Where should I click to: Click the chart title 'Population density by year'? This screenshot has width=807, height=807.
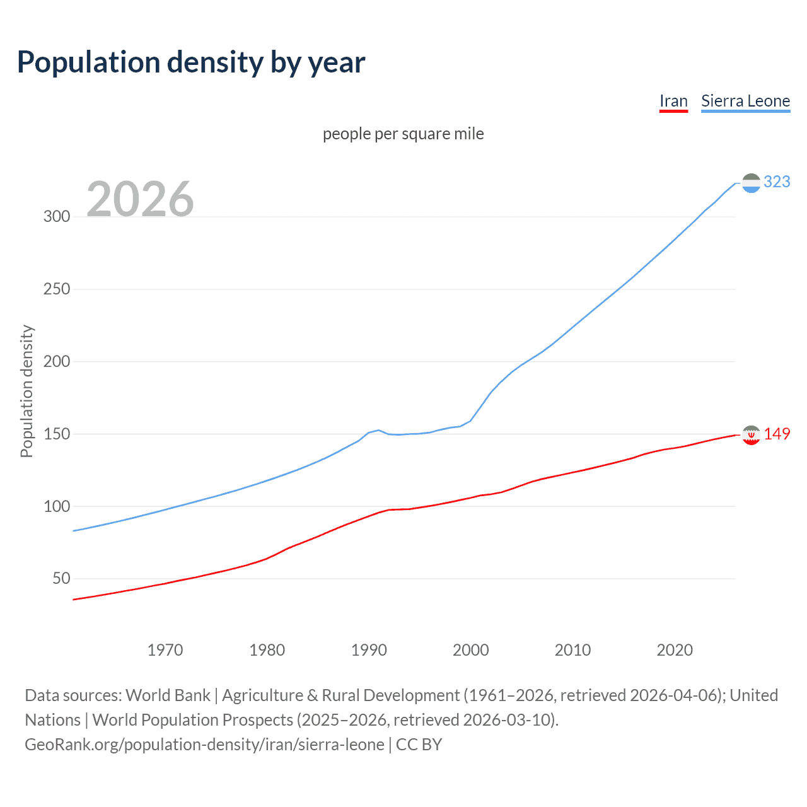pos(191,62)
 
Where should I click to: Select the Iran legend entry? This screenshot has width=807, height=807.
pos(673,101)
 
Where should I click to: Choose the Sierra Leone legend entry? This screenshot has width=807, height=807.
pos(745,101)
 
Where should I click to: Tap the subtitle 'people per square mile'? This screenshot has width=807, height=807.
pos(403,134)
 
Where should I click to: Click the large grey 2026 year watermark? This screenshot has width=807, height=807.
pos(140,199)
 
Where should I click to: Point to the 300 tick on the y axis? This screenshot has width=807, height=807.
pos(56,216)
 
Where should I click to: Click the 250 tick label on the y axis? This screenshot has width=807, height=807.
pos(56,289)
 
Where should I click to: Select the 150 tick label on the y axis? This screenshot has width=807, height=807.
pos(56,434)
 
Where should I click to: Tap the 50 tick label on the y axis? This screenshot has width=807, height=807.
pos(61,578)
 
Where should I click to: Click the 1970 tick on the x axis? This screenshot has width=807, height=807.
pos(165,650)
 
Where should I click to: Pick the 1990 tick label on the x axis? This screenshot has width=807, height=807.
pos(369,650)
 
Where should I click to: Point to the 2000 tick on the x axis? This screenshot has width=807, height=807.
pos(471,650)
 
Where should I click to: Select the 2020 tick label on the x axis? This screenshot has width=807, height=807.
pos(675,650)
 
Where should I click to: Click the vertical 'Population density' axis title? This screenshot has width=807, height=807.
pos(26,391)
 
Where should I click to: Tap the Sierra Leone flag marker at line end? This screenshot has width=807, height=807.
pos(751,183)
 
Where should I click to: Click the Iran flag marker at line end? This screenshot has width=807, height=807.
pos(751,434)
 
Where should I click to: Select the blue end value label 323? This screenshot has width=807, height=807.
pos(777,182)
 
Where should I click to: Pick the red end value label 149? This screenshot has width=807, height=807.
pos(777,434)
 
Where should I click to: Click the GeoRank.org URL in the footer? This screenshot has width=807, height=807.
pos(205,745)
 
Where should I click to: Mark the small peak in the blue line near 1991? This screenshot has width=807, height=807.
pos(378,430)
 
